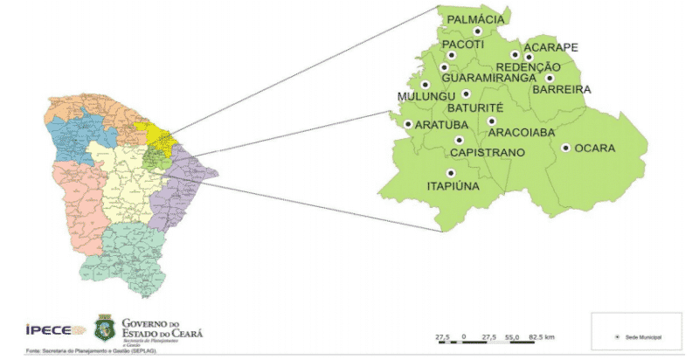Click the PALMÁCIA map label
coord(475,19)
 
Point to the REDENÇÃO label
coord(528,67)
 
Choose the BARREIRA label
coord(562,89)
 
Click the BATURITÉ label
coord(473,107)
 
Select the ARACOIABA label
coord(521,133)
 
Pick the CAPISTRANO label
coord(487,153)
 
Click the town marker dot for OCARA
coord(566,149)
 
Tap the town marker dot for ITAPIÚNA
coord(451,173)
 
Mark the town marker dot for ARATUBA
coord(408,124)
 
